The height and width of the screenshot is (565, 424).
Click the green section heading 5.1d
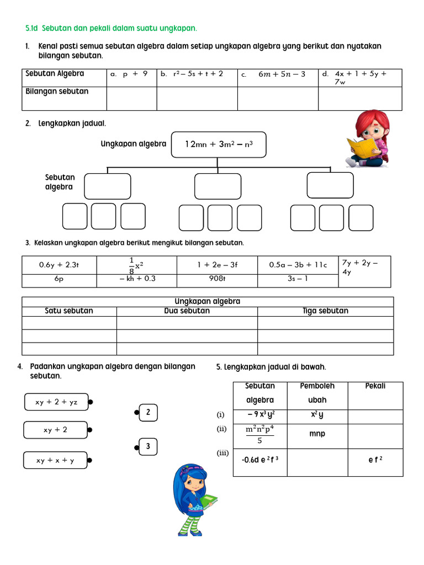pyautogui.click(x=111, y=28)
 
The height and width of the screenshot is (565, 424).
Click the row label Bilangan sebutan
pyautogui.click(x=57, y=91)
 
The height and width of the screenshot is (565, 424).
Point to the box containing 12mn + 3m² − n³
pyautogui.click(x=218, y=145)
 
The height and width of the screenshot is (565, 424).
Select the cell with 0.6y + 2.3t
pyautogui.click(x=59, y=265)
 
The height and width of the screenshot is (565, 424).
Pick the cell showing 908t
pyautogui.click(x=217, y=279)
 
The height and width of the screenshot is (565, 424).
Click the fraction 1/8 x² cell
pyautogui.click(x=136, y=265)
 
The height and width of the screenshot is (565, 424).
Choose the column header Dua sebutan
pyautogui.click(x=187, y=311)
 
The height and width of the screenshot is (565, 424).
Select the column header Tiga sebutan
pyautogui.click(x=325, y=311)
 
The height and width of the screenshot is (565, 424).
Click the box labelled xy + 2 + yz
pyautogui.click(x=56, y=402)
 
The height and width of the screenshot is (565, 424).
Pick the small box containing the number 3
pyautogui.click(x=148, y=446)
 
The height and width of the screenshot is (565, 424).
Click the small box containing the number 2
pyautogui.click(x=148, y=412)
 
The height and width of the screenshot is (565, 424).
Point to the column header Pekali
pyautogui.click(x=375, y=386)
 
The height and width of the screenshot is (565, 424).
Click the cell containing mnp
pyautogui.click(x=317, y=434)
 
